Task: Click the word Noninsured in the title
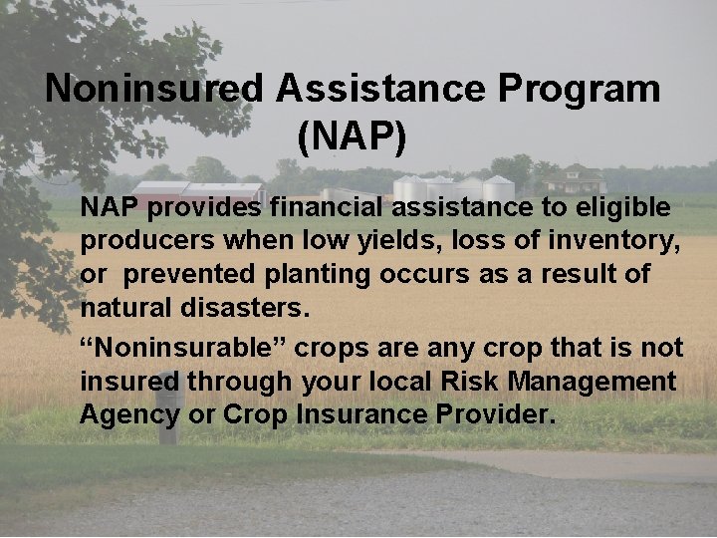[x=154, y=89]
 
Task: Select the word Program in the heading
[x=579, y=89]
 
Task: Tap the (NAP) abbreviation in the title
[x=352, y=137]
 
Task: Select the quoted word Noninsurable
[x=176, y=348]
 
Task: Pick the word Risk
[x=469, y=381]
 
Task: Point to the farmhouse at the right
[x=576, y=179]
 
